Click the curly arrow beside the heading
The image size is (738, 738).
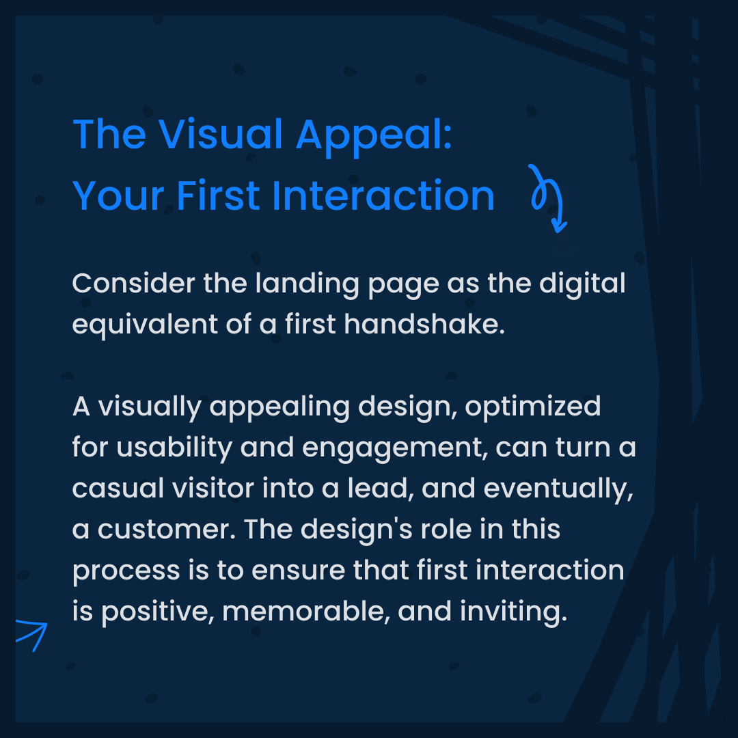[x=549, y=198]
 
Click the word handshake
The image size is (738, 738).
[x=424, y=325]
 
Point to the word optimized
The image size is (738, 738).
[x=543, y=407]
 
